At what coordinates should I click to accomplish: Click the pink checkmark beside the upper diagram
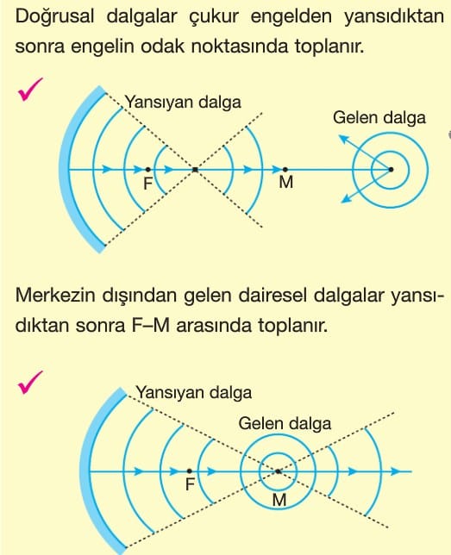(29, 90)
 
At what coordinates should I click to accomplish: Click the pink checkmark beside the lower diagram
(29, 383)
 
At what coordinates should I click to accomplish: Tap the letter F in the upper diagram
(147, 184)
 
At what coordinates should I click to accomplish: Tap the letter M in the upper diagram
(286, 182)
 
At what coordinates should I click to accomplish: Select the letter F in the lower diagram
(191, 484)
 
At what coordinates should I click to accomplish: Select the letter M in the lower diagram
(279, 500)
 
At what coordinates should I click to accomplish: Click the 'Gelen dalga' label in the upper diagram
(379, 117)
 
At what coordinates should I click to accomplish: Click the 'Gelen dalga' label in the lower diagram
(285, 424)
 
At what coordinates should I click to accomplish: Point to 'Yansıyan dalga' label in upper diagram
(183, 103)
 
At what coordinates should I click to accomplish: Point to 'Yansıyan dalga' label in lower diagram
(194, 392)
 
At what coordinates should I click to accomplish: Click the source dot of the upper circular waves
(391, 170)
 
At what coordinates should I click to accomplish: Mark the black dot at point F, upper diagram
(147, 170)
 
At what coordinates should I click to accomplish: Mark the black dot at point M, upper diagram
(285, 170)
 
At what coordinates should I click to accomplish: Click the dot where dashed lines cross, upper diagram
(195, 170)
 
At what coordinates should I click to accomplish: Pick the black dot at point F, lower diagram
(190, 471)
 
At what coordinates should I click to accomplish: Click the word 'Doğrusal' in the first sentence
(55, 17)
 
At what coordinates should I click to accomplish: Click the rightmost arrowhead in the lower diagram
(396, 471)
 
